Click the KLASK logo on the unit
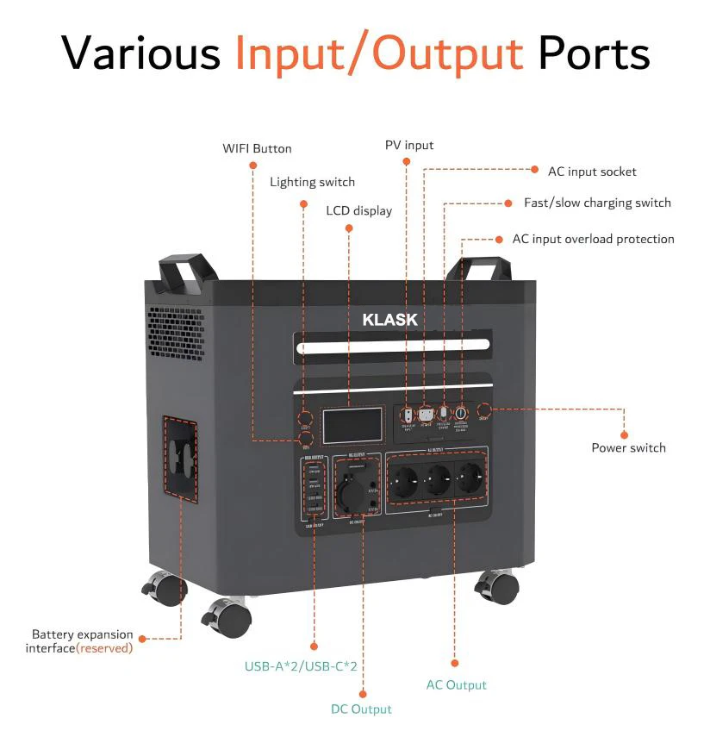(x=389, y=320)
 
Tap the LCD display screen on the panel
(x=352, y=426)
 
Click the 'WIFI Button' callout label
(x=257, y=148)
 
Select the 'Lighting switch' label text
(x=312, y=182)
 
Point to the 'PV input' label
(x=409, y=145)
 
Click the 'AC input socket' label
(x=592, y=172)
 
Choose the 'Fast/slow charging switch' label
(x=597, y=203)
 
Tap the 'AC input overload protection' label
(x=593, y=239)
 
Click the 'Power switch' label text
(x=628, y=447)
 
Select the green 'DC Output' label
(x=361, y=709)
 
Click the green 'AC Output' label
(x=456, y=684)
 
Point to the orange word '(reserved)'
(x=104, y=647)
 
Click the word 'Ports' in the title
(x=594, y=53)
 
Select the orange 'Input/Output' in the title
(x=379, y=53)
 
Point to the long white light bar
(x=392, y=348)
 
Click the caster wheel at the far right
(x=497, y=588)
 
